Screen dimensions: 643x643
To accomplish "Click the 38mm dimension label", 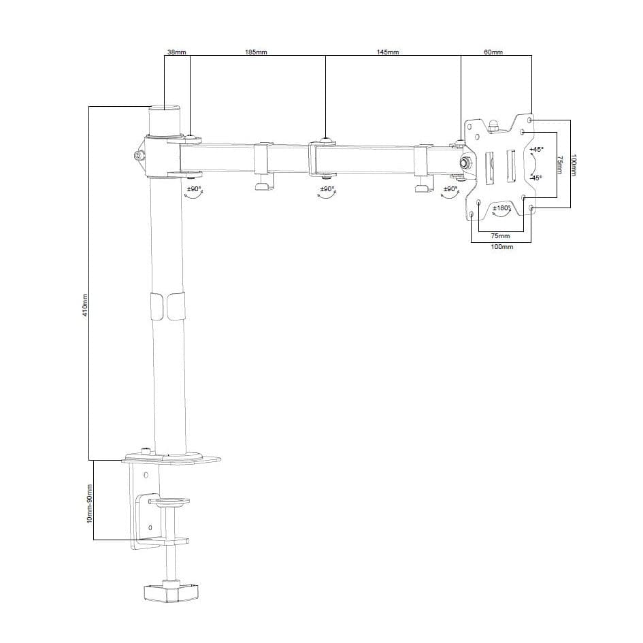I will point(176,52).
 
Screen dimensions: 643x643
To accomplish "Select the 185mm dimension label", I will point(256,52).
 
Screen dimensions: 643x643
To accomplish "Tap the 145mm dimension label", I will point(387,52).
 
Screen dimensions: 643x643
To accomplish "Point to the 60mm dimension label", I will point(493,52).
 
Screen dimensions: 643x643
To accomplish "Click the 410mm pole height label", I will point(85,305).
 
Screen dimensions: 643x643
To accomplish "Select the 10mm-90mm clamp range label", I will point(89,504).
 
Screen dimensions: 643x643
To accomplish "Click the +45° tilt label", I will point(536,149).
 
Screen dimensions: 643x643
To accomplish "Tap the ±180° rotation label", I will point(501,208).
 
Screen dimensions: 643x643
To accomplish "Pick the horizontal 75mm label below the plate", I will point(499,235).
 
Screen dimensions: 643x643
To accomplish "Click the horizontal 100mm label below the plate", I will point(501,247).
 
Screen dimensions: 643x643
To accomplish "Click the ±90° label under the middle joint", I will point(327,188).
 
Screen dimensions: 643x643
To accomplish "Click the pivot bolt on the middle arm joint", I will point(327,140).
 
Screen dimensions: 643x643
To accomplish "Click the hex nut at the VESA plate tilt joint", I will point(466,163).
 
